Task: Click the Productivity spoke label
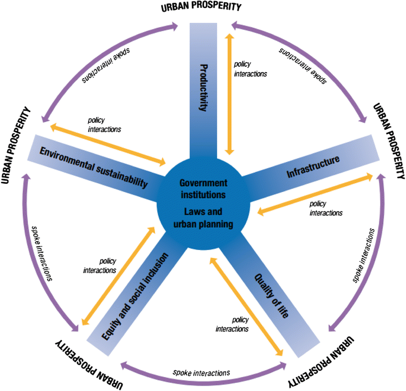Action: click(204, 87)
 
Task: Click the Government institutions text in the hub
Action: click(203, 188)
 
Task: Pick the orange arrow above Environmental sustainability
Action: click(108, 144)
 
